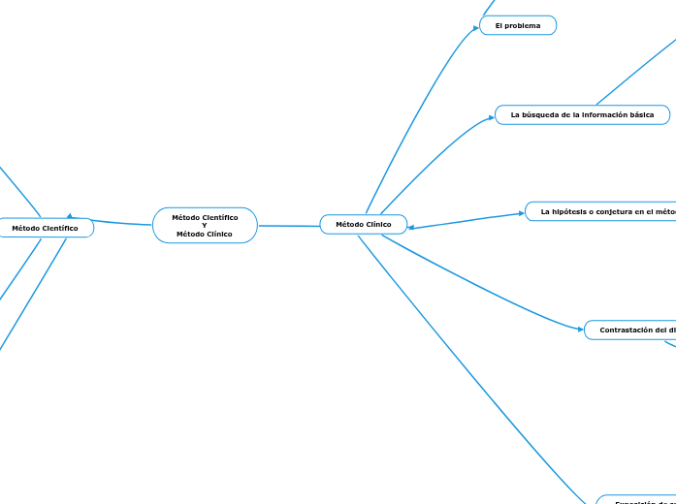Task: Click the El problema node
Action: click(x=518, y=25)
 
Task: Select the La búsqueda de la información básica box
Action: click(x=582, y=114)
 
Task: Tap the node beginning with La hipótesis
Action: click(x=601, y=211)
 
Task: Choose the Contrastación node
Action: click(x=630, y=331)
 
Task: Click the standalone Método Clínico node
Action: click(x=364, y=225)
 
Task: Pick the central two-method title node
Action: click(x=205, y=225)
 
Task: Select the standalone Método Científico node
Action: click(x=46, y=228)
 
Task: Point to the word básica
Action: click(x=642, y=114)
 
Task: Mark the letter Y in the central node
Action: click(x=205, y=225)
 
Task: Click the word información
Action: click(x=602, y=114)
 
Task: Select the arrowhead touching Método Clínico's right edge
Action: click(x=412, y=229)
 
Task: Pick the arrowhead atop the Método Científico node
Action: click(x=70, y=216)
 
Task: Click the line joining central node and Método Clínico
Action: click(x=289, y=226)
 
